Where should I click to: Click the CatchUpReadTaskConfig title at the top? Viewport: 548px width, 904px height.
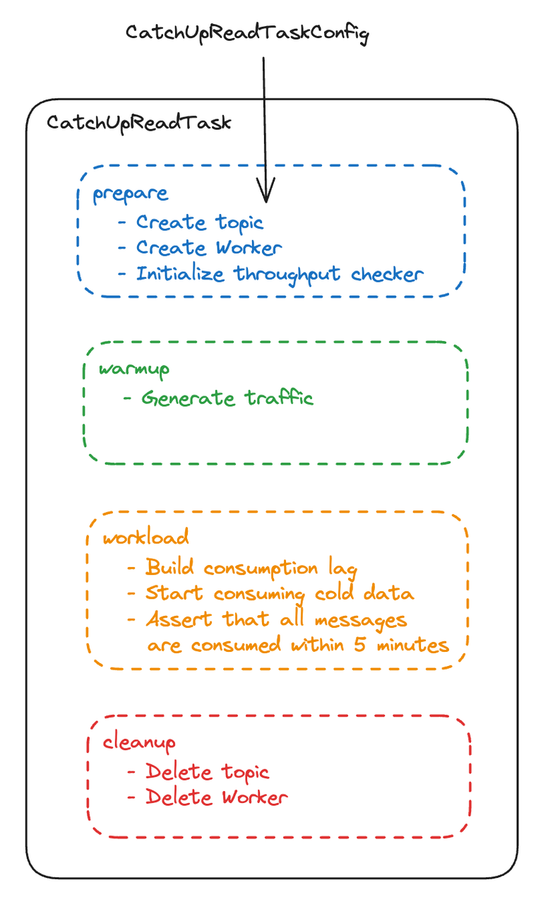[247, 33]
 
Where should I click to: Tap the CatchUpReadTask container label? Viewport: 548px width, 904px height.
[139, 122]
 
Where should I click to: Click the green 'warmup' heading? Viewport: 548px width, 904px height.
[135, 369]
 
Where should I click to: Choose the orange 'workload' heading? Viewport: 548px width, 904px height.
[146, 537]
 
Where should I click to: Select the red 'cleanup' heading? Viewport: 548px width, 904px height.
[139, 742]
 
